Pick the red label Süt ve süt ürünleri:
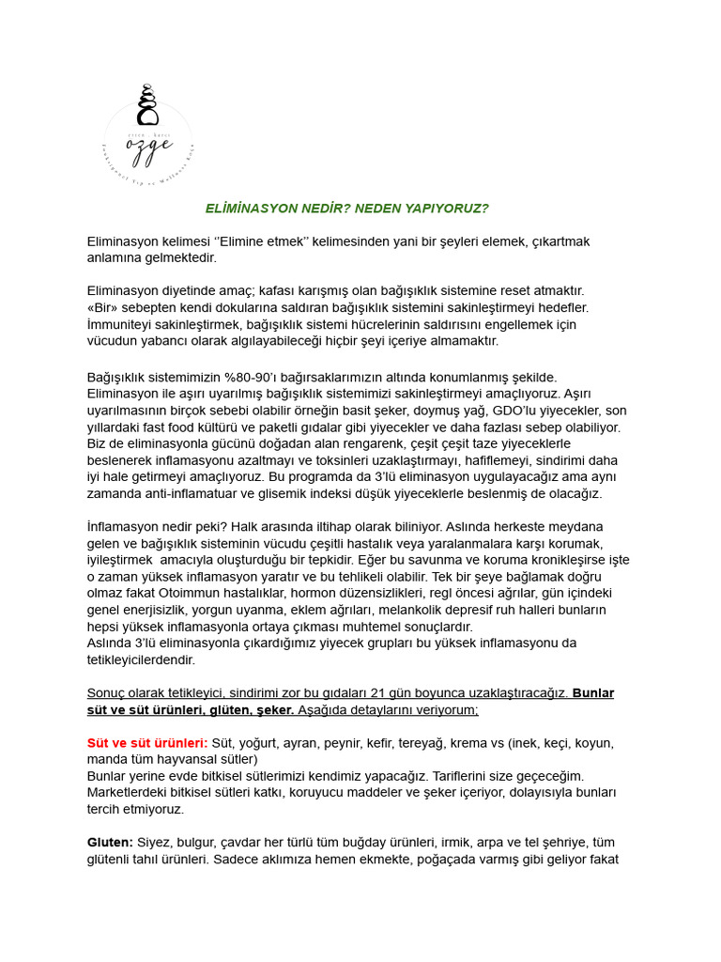pos(147,743)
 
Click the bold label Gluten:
pos(110,842)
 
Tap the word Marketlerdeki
pos(127,792)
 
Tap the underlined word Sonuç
pos(106,692)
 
